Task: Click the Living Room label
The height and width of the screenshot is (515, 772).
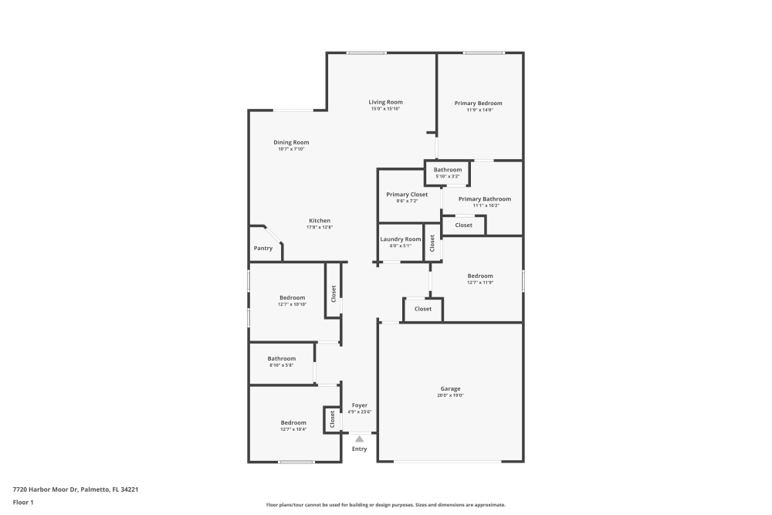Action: pos(385,102)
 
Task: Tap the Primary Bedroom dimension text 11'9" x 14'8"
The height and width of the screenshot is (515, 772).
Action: pos(479,110)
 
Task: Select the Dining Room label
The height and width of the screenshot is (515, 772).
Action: pos(291,142)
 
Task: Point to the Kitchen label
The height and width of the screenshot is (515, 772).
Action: pos(320,220)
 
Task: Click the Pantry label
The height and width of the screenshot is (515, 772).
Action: pos(263,248)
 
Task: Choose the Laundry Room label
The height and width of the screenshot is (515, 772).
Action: pos(401,239)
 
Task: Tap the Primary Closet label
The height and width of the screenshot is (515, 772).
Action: pos(407,195)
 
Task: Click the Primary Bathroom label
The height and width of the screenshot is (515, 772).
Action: pos(484,198)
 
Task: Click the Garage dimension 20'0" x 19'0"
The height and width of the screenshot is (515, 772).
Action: pos(450,395)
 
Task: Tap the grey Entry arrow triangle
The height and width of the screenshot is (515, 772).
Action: pos(359,439)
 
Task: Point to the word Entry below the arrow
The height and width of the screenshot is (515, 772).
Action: pos(360,449)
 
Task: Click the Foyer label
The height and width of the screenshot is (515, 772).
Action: pos(360,405)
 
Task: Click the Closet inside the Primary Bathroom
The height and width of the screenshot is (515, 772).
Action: pos(463,225)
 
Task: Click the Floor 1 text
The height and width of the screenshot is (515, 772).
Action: pos(23,502)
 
